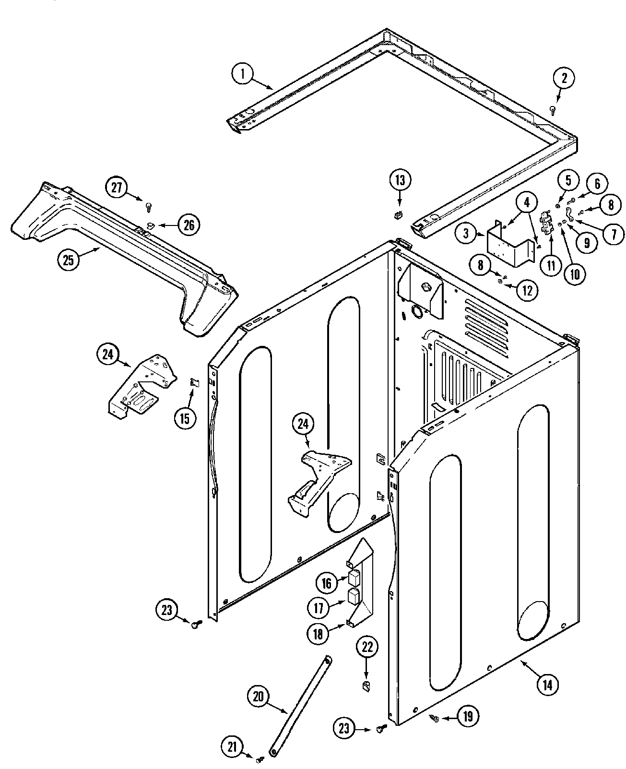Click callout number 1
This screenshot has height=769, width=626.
[x=243, y=74]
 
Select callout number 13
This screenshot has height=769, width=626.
[x=400, y=180]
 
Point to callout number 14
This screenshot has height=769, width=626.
[x=548, y=686]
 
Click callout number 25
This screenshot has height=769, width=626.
[x=69, y=261]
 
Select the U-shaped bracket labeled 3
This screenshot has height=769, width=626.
[x=509, y=246]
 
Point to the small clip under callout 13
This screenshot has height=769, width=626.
[x=397, y=215]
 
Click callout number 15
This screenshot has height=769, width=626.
[x=185, y=418]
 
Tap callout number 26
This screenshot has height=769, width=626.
[x=189, y=225]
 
